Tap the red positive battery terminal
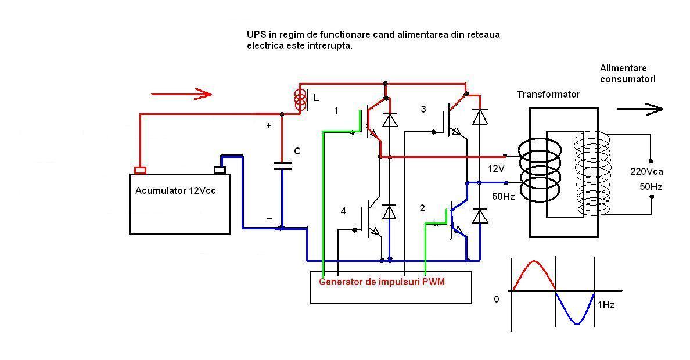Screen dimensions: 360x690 tap(140, 170)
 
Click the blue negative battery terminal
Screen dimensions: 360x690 tap(220, 170)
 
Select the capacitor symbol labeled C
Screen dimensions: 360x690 tap(282, 165)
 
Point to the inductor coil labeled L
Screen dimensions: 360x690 tap(300, 99)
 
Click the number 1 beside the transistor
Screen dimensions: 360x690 tap(336, 110)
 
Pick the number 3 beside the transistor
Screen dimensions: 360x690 tap(423, 109)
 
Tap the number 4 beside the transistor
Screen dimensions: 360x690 tap(343, 211)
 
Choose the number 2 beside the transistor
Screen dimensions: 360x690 tap(422, 208)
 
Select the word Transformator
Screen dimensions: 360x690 tap(548, 94)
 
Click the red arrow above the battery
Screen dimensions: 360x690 tap(181, 93)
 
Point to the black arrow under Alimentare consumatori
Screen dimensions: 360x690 tap(639, 109)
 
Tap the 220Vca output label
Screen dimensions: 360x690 tap(646, 171)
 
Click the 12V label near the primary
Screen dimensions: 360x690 tap(496, 168)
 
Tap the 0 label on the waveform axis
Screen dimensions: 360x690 tap(496, 300)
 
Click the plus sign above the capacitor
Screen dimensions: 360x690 tap(268, 125)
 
